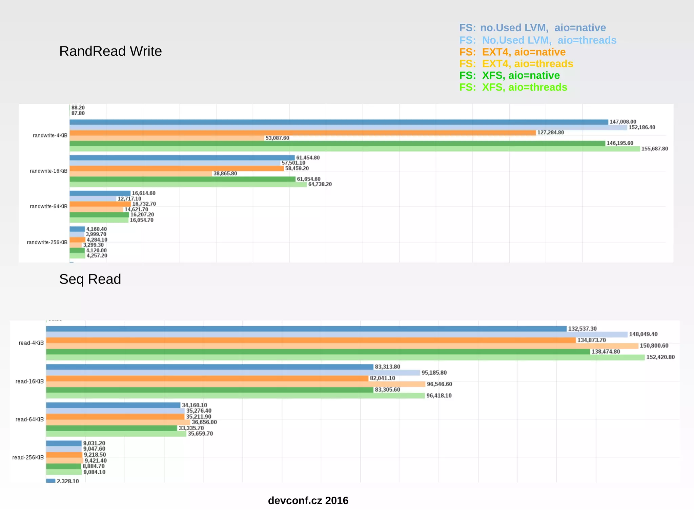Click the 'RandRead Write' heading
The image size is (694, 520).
[x=110, y=51]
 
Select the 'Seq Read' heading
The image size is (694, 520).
[x=90, y=279]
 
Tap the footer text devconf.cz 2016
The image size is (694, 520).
[x=308, y=500]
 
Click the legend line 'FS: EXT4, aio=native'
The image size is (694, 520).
[x=512, y=52]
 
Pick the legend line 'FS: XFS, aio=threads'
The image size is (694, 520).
[x=513, y=87]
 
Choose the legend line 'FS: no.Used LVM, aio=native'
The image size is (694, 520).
[x=532, y=28]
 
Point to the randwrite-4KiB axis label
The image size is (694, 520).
[x=50, y=136]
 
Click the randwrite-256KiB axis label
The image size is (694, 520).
[x=47, y=242]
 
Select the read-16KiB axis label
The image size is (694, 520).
[x=30, y=381]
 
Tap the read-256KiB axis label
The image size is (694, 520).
[x=28, y=457]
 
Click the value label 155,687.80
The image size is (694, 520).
[x=654, y=149]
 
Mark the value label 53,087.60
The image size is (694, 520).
[x=277, y=138]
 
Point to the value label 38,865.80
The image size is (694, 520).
[x=225, y=173]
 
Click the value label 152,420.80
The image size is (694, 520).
[x=660, y=357]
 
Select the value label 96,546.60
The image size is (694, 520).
[x=439, y=384]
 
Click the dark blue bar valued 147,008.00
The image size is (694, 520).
[x=339, y=122]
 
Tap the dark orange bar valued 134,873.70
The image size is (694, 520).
[x=311, y=340]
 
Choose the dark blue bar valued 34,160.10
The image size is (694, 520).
[x=113, y=405]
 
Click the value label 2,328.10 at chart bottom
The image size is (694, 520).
[x=68, y=481]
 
